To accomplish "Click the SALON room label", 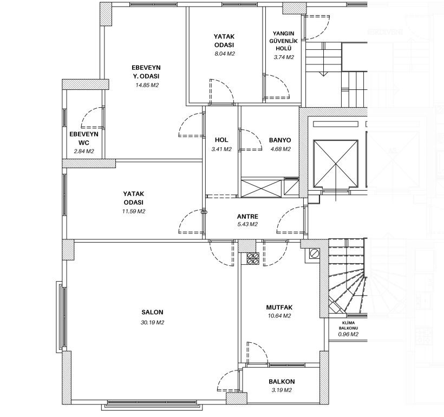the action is [152, 312].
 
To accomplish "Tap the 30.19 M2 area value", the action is [152, 322].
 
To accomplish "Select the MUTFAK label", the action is [279, 308].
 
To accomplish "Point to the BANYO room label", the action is [280, 140].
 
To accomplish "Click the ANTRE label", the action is [247, 217].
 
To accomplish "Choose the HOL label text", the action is [221, 140].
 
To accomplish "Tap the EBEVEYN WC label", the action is [84, 139].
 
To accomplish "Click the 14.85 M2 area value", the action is [147, 85].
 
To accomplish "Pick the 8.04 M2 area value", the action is [225, 54].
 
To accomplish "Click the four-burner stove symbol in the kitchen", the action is [253, 258].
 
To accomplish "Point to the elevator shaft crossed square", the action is [336, 164].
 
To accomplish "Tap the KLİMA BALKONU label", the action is [348, 325].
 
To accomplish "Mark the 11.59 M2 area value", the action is [134, 211].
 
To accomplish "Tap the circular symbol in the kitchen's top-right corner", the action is [314, 253].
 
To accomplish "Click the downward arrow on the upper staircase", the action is [323, 73].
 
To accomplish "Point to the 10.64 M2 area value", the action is [279, 316].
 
